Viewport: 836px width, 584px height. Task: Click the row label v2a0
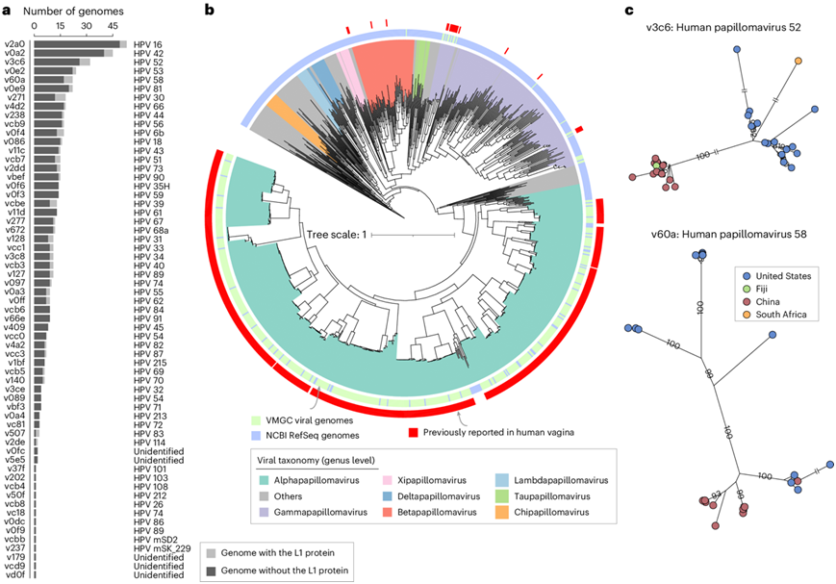(x=16, y=44)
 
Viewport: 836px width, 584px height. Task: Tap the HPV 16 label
(x=150, y=44)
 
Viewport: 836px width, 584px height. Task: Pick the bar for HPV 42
(x=73, y=53)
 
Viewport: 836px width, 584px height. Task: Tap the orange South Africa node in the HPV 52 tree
(x=798, y=63)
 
